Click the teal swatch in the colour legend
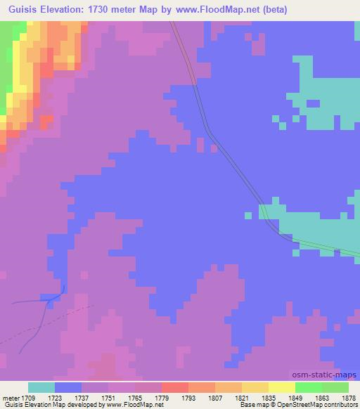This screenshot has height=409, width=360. (x=41, y=388)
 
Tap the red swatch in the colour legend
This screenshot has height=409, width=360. (x=175, y=388)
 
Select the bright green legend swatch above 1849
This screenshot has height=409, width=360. (x=308, y=388)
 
